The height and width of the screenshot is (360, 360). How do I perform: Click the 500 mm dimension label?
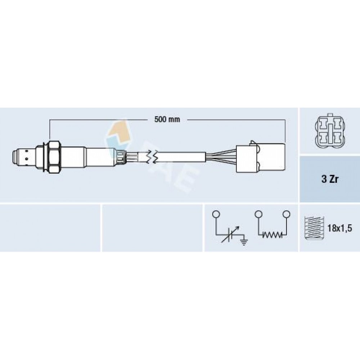pos(167,120)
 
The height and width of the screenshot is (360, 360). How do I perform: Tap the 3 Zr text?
pos(330,179)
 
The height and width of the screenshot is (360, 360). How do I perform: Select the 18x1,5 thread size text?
pos(339,228)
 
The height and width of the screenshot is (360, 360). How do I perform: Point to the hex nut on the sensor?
pos(54,157)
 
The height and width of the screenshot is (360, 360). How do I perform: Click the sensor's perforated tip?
pos(24,157)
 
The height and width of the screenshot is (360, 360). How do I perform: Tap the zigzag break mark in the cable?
pos(152,157)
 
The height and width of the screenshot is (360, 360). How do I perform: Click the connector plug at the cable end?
pos(261,158)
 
